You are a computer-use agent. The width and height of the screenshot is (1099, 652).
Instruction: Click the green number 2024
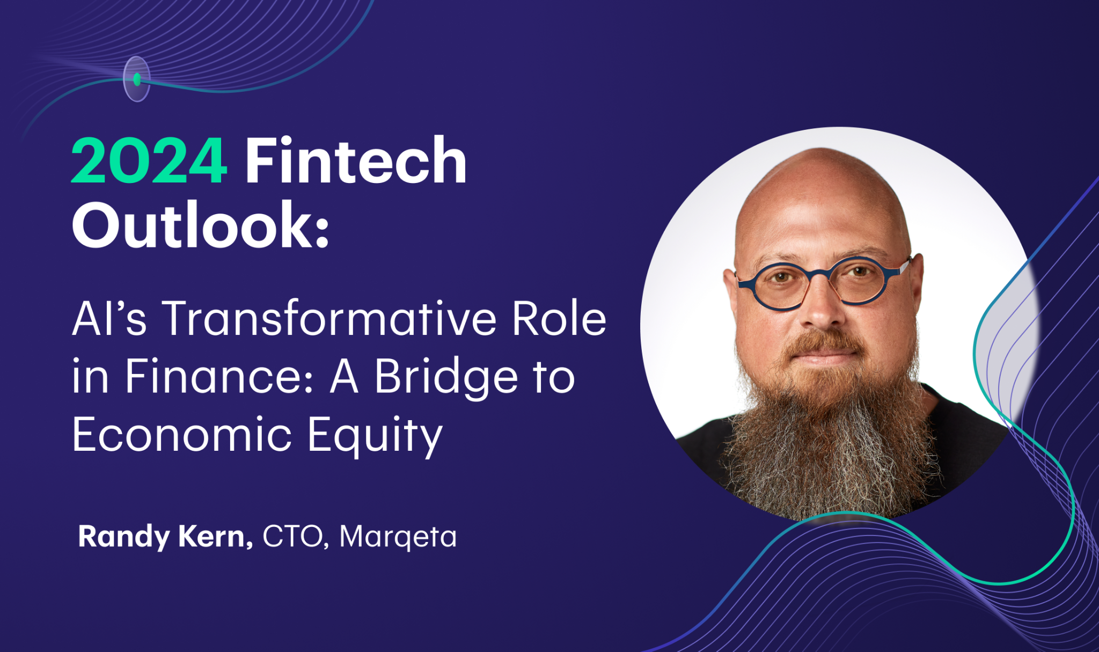(149, 162)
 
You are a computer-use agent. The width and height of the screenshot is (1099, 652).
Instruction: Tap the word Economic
(182, 434)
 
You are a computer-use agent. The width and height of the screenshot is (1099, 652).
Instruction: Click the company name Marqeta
(398, 537)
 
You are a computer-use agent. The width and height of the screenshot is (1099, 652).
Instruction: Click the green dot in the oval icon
(137, 79)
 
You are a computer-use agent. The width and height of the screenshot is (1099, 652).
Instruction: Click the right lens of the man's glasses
(861, 280)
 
